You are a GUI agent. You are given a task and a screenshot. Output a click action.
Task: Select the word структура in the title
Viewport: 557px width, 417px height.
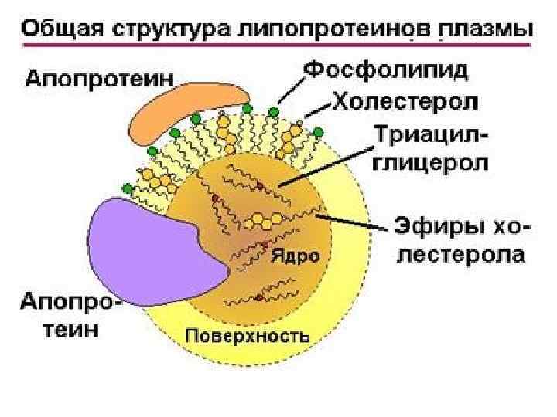point(166,30)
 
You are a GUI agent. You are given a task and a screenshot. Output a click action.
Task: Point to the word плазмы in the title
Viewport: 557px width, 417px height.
point(484,30)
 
